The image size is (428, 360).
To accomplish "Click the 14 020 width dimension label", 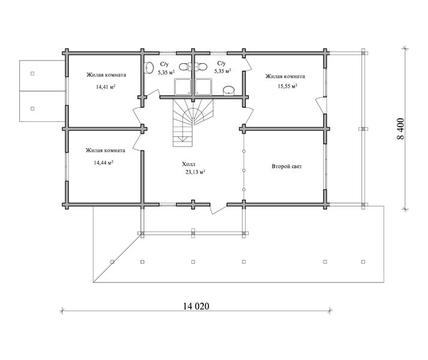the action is pos(196,306).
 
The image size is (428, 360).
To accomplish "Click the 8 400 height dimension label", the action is pos(400,128).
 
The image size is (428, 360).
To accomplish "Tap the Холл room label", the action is pos(189,164).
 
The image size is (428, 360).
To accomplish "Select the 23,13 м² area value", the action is pos(195,172).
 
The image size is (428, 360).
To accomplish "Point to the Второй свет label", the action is pos(287,166).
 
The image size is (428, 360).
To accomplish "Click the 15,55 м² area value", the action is pos(287,86).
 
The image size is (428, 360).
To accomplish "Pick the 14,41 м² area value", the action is pos(106,87).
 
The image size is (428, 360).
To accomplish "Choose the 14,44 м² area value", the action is pos(104,163).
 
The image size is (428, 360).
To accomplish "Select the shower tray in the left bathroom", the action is pos(182,87).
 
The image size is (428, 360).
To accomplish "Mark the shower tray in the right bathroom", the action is pos(204,87).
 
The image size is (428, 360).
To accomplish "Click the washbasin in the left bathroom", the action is pos(149,67).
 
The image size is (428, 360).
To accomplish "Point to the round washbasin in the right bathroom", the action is pos(229,91).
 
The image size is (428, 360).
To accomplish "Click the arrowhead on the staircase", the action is pos(180,140).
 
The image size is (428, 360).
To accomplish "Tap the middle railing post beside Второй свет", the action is pos(244,170).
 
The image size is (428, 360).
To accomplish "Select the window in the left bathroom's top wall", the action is pos(168,52).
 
